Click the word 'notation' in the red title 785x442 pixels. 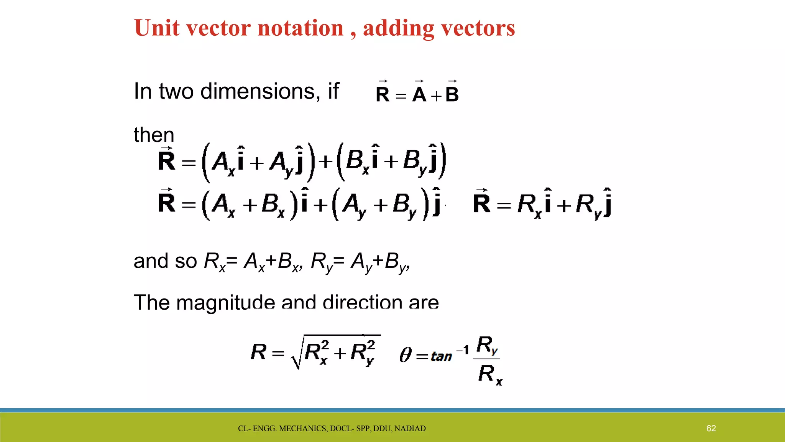point(301,28)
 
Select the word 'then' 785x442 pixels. point(154,135)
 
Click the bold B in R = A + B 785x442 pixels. point(452,94)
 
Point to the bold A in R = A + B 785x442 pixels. point(419,94)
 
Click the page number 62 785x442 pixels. point(711,428)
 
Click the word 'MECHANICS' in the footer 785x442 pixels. point(303,429)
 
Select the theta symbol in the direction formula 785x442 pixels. point(406,355)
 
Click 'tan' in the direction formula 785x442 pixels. point(441,356)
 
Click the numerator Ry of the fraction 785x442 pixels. point(487,345)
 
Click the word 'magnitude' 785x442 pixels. point(225,302)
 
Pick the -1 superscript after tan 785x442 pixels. point(463,350)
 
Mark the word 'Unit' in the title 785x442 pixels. point(157,28)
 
